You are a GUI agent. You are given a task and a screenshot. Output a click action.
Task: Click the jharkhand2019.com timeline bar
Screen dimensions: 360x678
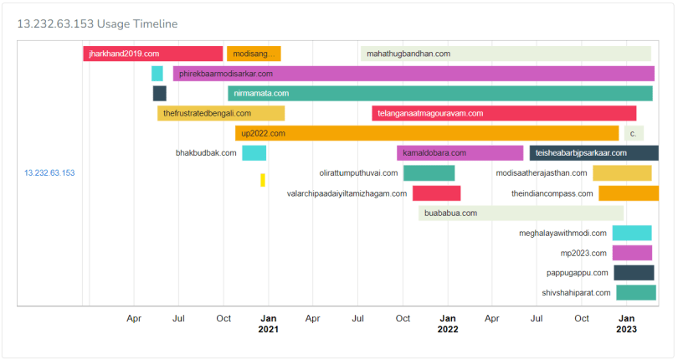pos(152,54)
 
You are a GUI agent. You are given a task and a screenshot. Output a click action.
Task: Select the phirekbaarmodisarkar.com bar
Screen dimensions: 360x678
pos(413,74)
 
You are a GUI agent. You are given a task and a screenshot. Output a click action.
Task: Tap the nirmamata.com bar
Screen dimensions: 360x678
pos(439,93)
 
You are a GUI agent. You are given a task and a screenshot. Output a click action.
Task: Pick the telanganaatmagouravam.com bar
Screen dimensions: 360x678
pos(504,113)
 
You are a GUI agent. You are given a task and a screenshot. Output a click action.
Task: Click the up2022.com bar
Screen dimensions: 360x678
pos(427,133)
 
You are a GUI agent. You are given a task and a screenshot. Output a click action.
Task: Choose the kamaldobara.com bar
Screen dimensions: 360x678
pos(460,153)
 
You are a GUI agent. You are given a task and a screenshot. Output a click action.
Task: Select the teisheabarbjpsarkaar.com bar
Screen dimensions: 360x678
pos(593,153)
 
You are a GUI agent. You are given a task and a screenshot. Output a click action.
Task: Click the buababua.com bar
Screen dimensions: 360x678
pos(521,213)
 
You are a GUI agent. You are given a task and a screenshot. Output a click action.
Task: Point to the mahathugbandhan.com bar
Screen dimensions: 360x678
pos(506,54)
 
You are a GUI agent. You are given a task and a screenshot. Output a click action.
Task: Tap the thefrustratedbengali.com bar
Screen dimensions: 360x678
pos(221,113)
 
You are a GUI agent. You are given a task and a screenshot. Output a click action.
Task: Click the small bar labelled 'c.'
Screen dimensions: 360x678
pos(634,133)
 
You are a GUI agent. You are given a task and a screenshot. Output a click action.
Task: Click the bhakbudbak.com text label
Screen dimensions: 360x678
pos(206,153)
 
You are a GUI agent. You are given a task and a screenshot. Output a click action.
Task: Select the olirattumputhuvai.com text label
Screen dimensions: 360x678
pos(358,173)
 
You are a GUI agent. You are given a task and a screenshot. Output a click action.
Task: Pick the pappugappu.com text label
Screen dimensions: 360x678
pos(578,273)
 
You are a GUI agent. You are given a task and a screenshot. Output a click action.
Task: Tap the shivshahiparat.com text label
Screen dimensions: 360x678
pos(575,293)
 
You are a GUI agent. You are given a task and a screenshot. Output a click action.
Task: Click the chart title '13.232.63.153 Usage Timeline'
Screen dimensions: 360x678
pos(97,24)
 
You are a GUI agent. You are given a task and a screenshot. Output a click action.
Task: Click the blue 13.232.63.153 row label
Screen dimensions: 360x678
pos(49,173)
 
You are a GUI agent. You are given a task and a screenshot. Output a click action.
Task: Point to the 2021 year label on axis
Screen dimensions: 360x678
pos(269,330)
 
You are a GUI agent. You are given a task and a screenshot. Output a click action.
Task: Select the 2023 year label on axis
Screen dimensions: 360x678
pos(626,330)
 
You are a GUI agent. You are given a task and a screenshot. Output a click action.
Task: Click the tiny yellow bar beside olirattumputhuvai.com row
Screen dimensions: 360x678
pos(263,180)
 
